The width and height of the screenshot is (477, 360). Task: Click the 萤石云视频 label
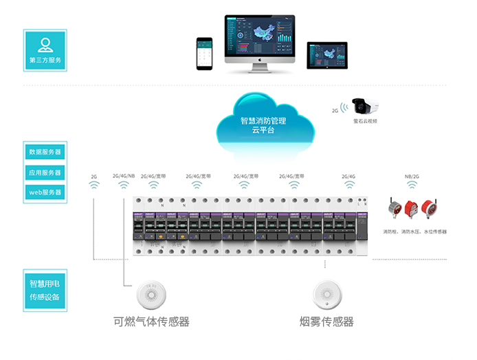pos(365,121)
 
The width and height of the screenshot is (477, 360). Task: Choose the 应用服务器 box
pos(45,172)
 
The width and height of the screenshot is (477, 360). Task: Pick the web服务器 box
pos(45,193)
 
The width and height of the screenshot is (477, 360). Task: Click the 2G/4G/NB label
pos(124,176)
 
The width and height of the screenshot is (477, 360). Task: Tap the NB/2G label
pos(411,177)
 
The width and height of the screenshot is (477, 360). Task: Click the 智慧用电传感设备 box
pos(45,291)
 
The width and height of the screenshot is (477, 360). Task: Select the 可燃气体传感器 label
pos(151,321)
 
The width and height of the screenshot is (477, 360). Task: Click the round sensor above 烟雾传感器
pos(326,295)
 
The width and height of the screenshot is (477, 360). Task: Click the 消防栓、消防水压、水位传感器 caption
pos(414,232)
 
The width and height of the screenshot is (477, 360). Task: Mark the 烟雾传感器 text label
pos(326,321)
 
